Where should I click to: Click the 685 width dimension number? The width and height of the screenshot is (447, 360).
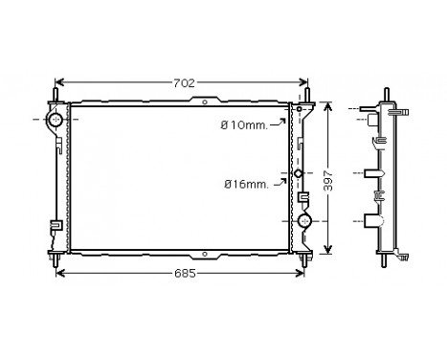coord(184,274)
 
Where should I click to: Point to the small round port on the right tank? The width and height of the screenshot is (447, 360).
coord(300,174)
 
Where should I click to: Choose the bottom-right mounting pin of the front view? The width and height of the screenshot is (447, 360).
coord(308,258)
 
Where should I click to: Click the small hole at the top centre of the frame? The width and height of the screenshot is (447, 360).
coord(205,100)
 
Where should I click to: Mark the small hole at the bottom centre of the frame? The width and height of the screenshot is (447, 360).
coord(205,255)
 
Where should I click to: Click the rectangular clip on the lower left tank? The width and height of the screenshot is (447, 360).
coord(56,227)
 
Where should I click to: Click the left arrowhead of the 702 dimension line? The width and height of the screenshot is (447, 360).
coord(59,82)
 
